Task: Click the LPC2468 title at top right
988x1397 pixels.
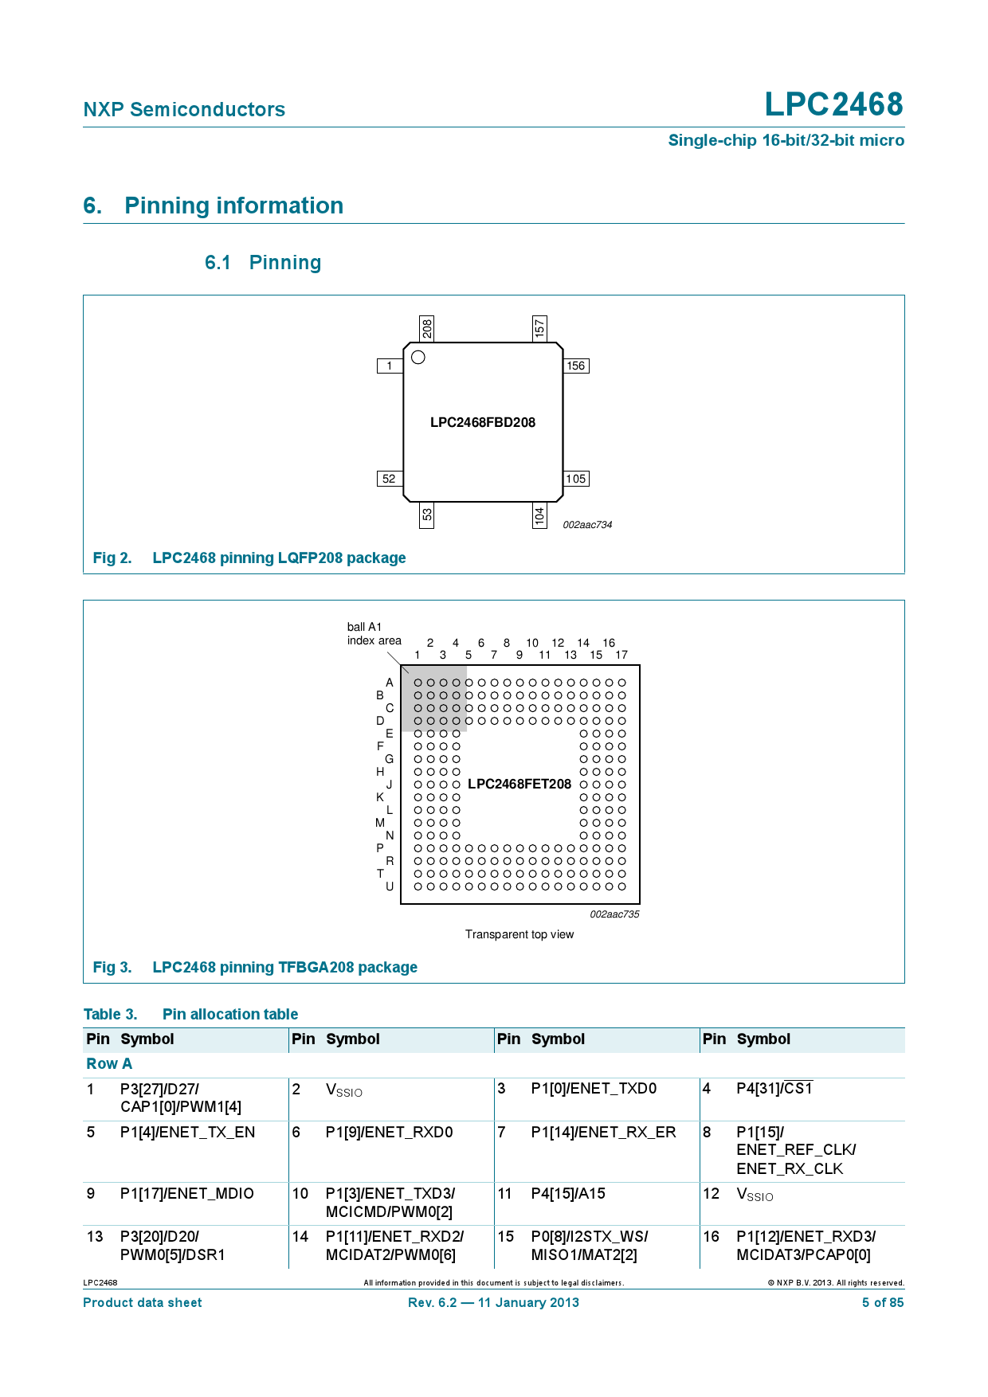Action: coord(833,104)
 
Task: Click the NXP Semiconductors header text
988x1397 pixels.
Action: coord(184,109)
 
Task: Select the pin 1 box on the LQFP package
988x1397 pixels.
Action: coord(389,366)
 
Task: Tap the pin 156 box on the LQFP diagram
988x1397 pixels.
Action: coord(575,366)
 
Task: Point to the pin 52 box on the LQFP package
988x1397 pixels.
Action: coord(389,479)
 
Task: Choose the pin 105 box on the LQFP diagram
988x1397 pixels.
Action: coord(575,479)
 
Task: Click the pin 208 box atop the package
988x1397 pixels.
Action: coord(427,327)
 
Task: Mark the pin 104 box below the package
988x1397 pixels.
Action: coord(539,516)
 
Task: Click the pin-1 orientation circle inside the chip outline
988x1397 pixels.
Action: coord(418,358)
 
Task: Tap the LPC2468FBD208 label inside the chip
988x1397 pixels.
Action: coord(483,422)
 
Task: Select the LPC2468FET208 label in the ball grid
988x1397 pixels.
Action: coord(519,784)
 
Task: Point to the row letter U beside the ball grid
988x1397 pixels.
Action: coord(390,886)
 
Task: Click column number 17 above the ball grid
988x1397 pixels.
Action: coord(621,655)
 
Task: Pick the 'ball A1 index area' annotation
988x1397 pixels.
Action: coord(374,634)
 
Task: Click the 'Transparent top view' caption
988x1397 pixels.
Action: coord(519,934)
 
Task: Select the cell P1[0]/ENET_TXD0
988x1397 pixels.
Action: coord(594,1088)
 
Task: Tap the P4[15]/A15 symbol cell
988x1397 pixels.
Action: coord(568,1193)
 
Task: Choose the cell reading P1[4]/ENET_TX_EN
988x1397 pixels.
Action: coord(187,1132)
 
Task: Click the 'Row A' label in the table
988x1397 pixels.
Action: coord(109,1063)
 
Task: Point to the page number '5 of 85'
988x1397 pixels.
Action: coord(883,1302)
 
